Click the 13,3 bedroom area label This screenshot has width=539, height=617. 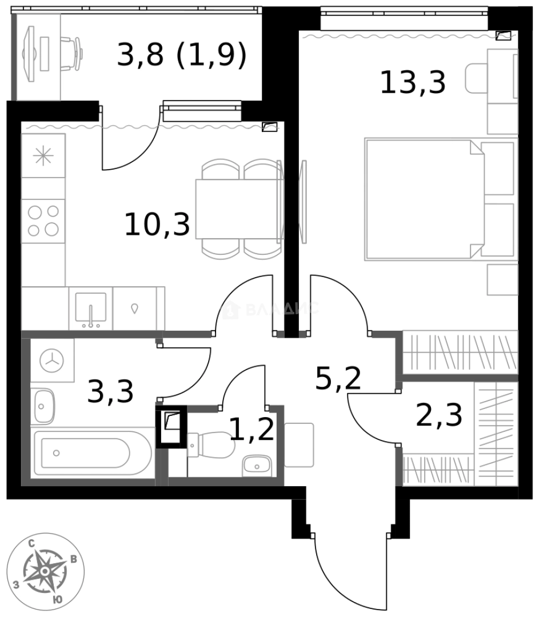tap(413, 83)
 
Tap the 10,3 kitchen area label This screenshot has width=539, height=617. tap(157, 224)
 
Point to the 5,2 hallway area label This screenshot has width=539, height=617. tap(338, 378)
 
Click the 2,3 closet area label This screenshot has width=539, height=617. tap(439, 415)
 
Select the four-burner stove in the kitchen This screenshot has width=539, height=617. tap(43, 221)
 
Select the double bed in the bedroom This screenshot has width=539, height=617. tap(423, 198)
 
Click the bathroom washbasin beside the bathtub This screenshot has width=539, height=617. tap(43, 406)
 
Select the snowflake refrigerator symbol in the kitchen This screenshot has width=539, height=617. tap(43, 157)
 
